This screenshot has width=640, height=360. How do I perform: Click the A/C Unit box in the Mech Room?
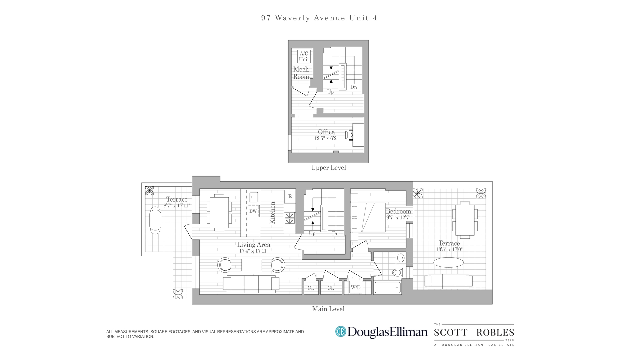tap(304, 57)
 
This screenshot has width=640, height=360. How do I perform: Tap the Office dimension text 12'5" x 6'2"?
tap(326, 138)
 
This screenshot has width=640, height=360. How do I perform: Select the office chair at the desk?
tap(349, 135)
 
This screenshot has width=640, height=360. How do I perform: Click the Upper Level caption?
tap(328, 168)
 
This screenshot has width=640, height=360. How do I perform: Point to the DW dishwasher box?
tap(253, 211)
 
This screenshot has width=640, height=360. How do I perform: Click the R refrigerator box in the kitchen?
tap(290, 196)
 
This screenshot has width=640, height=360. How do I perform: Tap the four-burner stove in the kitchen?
tap(289, 218)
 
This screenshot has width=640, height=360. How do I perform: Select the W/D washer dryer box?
tap(355, 287)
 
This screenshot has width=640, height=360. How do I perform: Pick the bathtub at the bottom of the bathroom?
tap(387, 287)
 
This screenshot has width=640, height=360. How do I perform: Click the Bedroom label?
tap(398, 211)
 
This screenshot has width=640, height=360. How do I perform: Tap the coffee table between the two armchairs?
tap(252, 265)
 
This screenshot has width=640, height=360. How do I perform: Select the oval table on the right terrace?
tap(448, 262)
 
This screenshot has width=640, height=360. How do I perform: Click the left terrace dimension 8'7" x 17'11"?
tap(177, 206)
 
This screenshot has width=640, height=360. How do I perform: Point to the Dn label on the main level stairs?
tap(335, 234)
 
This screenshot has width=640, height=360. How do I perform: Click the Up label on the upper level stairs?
tap(330, 92)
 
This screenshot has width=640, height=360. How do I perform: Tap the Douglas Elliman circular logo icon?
tap(340, 332)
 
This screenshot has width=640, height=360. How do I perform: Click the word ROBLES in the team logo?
tap(495, 332)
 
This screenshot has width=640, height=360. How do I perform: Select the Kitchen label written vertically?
tap(272, 213)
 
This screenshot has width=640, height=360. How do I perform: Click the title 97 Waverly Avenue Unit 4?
tap(319, 18)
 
